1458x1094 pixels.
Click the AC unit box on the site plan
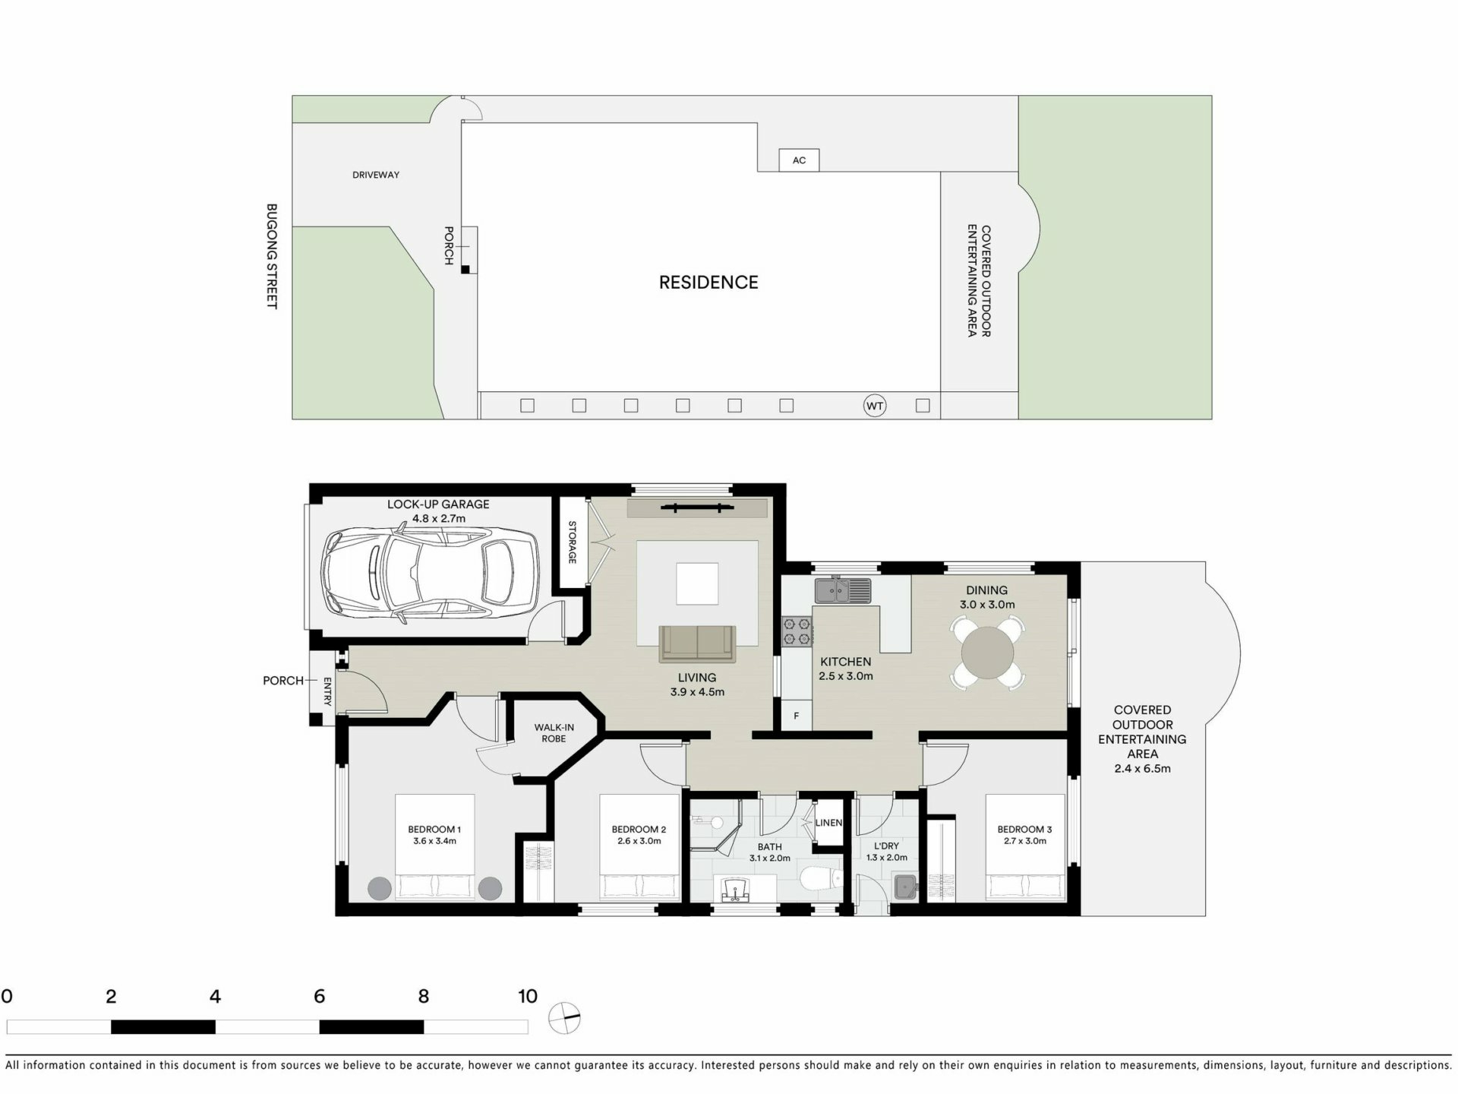[799, 160]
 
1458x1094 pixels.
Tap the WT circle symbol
[875, 406]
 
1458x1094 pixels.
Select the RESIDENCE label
[708, 283]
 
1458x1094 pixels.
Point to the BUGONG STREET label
[271, 256]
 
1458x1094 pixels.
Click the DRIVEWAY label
[376, 175]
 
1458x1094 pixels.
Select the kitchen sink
[843, 590]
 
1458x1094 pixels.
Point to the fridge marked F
[797, 716]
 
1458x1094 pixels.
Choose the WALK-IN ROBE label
[554, 733]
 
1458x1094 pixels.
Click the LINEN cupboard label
[828, 823]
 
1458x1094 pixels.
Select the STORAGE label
[573, 542]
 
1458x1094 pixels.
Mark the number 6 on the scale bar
[319, 996]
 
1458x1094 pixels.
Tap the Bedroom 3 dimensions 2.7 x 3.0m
[1025, 841]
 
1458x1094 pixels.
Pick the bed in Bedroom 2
[639, 848]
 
